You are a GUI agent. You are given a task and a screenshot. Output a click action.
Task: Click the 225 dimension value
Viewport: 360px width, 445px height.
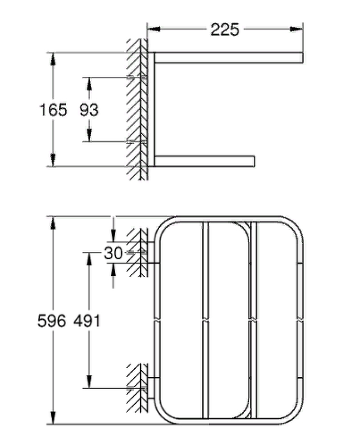225,29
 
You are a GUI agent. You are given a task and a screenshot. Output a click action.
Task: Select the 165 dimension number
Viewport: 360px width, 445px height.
53,110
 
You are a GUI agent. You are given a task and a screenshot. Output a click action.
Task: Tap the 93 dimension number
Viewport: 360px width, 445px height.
89,110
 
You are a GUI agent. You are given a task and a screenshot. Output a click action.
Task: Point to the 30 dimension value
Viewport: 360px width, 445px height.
113,253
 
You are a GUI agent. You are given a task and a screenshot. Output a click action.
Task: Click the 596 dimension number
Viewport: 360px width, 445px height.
52,321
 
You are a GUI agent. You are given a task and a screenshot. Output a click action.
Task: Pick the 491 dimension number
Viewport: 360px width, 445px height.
87,321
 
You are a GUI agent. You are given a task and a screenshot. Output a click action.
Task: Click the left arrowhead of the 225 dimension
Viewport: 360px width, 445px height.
154,29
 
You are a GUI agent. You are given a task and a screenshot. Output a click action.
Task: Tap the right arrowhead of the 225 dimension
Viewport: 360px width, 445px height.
297,29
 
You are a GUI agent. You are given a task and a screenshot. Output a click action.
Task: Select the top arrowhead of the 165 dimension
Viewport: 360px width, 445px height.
53,59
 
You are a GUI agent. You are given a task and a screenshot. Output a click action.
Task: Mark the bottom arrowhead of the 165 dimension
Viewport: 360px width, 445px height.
53,160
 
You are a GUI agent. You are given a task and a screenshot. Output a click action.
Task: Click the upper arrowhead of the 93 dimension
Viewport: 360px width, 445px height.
89,84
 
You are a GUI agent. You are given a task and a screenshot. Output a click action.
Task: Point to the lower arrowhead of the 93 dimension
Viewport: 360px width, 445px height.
89,135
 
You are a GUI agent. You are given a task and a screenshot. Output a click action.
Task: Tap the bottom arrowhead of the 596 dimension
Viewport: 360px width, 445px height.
53,418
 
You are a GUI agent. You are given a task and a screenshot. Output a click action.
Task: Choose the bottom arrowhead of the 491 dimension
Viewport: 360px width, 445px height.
89,382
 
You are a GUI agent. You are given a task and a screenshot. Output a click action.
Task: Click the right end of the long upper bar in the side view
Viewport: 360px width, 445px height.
303,58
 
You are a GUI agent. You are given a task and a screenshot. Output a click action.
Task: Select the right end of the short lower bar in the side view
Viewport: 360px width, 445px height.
254,161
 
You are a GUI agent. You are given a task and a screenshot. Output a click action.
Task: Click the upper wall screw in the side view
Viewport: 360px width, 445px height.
137,77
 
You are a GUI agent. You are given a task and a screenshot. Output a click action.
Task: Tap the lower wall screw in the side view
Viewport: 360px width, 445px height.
137,141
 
